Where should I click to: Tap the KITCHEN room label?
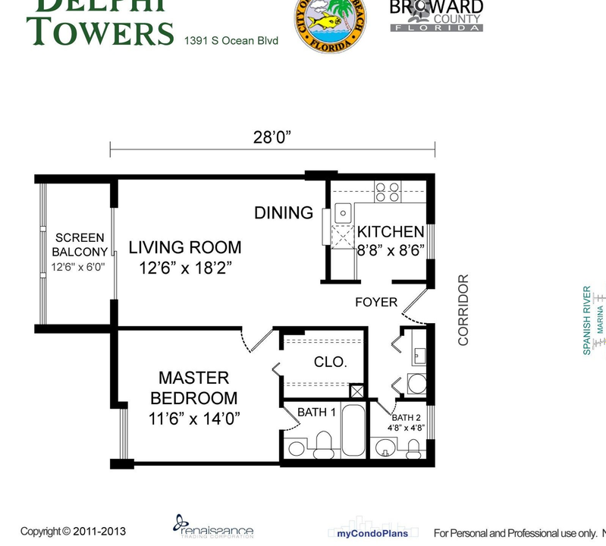click(x=391, y=232)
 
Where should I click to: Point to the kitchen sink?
click(x=342, y=212)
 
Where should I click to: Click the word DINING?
click(x=284, y=213)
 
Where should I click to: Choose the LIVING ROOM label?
click(x=184, y=247)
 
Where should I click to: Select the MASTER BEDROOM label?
click(x=193, y=388)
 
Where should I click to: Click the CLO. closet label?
click(x=330, y=362)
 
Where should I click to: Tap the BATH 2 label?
click(x=406, y=418)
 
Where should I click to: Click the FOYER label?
click(x=376, y=303)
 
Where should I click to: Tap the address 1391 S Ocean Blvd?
click(x=231, y=39)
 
